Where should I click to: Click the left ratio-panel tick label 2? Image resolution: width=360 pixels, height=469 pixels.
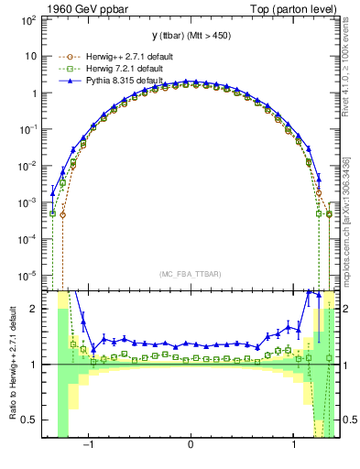pyautogui.click(x=34, y=309)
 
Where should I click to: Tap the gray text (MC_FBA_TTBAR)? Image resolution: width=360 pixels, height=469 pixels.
pyautogui.click(x=191, y=275)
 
